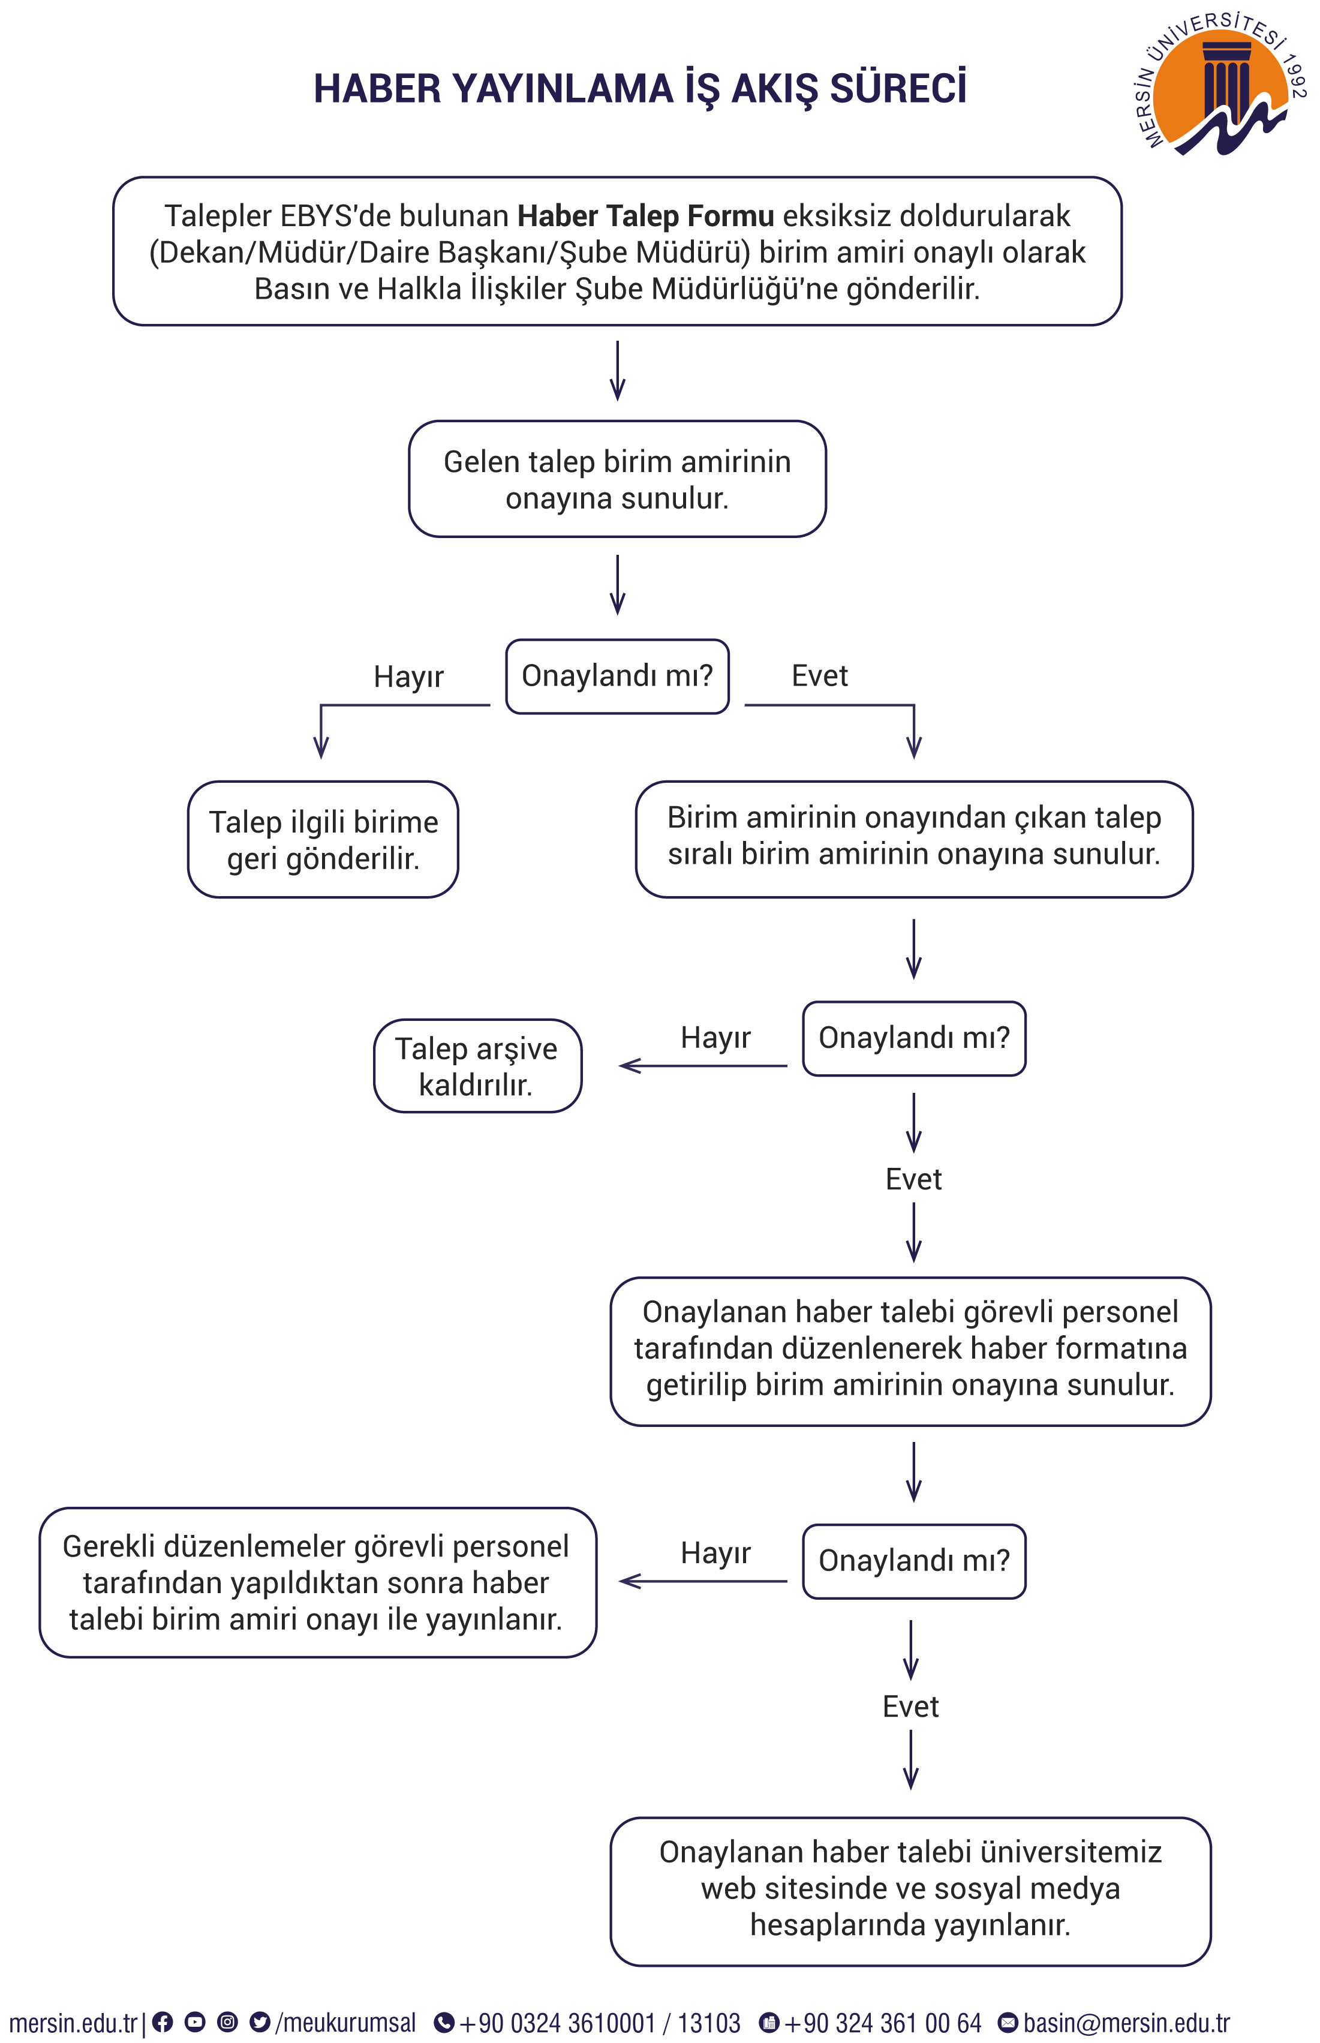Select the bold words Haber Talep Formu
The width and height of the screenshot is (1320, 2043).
(645, 216)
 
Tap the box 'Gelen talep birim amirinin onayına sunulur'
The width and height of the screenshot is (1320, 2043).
(617, 479)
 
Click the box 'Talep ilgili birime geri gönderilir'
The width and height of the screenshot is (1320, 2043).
(323, 839)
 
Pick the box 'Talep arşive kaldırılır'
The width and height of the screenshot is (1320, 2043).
(477, 1066)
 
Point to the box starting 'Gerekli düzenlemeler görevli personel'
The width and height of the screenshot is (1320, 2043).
(317, 1582)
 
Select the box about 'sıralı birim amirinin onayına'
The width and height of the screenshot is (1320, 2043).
(914, 839)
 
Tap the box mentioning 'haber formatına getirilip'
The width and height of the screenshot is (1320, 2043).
(910, 1352)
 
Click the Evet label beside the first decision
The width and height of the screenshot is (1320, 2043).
(819, 675)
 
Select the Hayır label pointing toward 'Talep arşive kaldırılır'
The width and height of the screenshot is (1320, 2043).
(715, 1037)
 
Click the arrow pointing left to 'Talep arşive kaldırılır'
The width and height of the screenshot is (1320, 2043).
(703, 1066)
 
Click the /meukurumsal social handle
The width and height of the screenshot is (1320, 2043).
(345, 2023)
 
